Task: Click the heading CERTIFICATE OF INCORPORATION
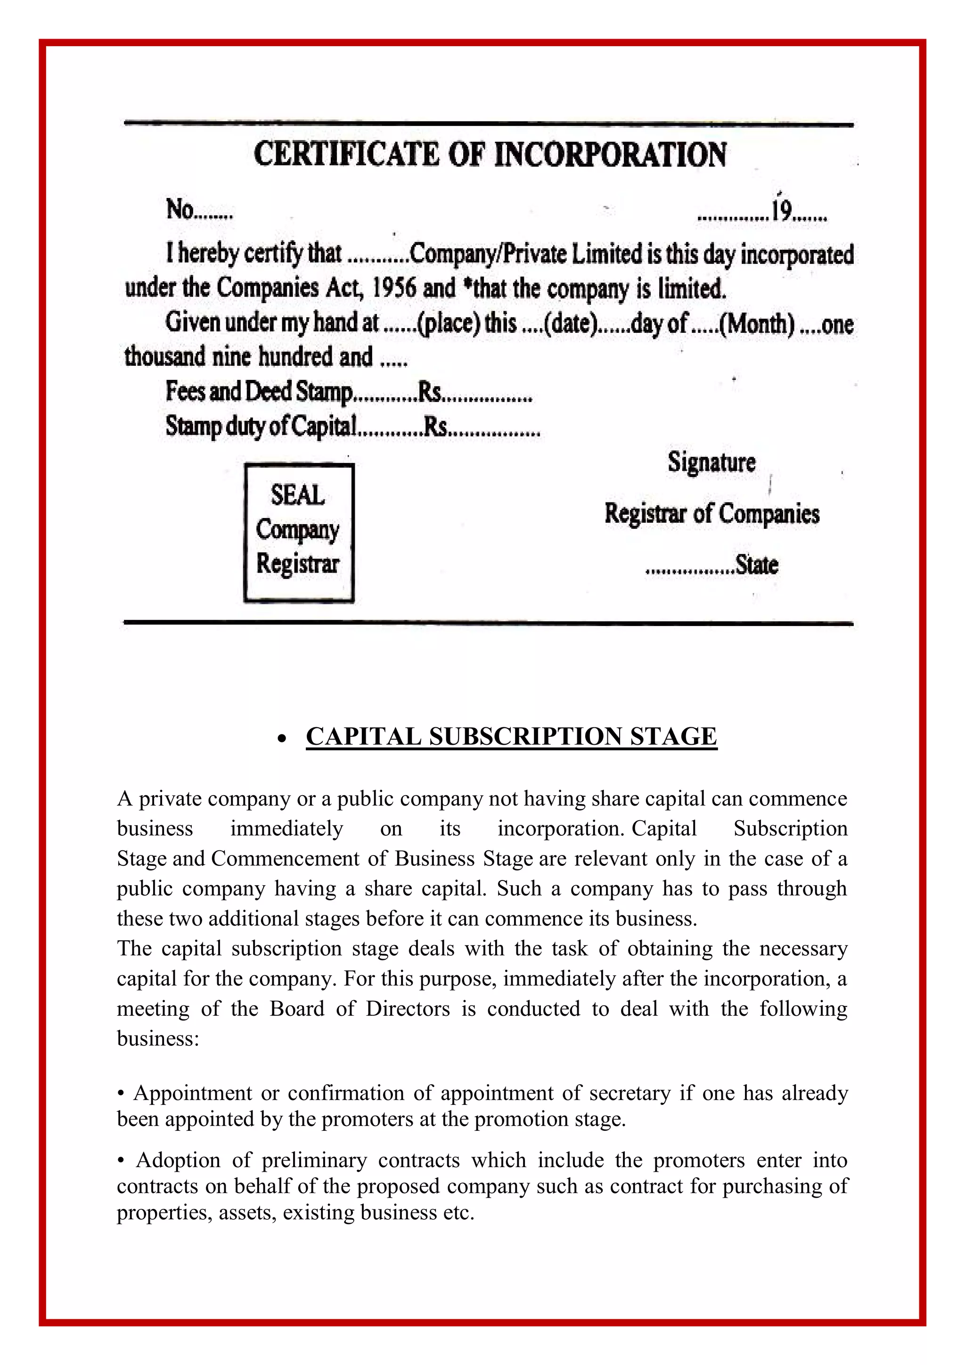point(490,155)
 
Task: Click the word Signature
point(711,462)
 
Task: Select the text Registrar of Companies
point(712,514)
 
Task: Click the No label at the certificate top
point(180,210)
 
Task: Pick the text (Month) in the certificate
point(757,324)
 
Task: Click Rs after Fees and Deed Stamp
point(430,392)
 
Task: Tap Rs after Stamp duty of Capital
point(435,426)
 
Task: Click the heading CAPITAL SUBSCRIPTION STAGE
point(511,737)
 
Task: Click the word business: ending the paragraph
point(157,1039)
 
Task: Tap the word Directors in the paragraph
point(408,1008)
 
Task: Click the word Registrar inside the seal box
point(298,564)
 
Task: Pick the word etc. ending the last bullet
point(459,1212)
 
